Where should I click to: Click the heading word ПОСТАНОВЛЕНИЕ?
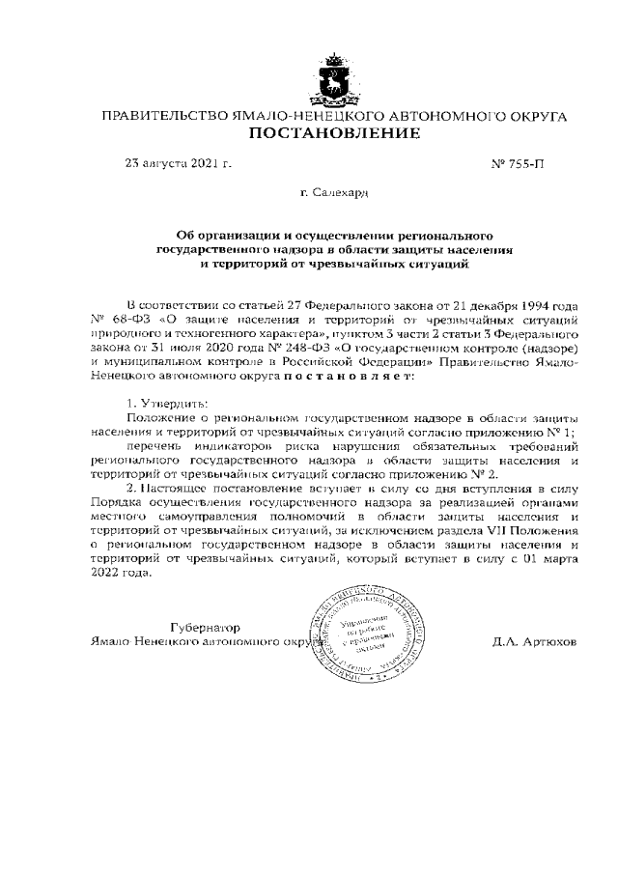(334, 133)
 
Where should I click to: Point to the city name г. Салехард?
(334, 193)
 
